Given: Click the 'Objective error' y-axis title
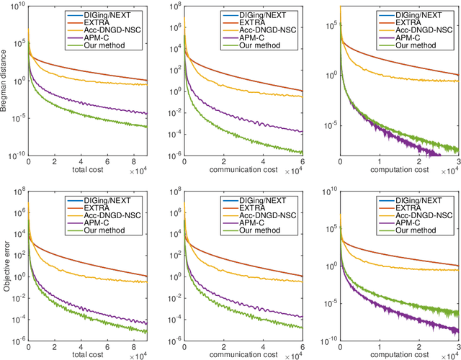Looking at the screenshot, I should point(6,264).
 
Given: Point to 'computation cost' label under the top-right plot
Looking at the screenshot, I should point(395,171).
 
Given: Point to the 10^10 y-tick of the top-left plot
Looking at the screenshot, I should point(15,6).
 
